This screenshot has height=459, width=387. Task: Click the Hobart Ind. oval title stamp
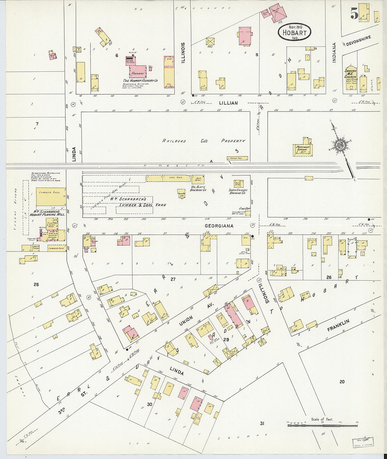click(294, 32)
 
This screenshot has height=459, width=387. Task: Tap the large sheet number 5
click(354, 13)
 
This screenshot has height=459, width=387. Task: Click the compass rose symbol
click(341, 146)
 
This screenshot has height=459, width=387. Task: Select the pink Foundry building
click(138, 71)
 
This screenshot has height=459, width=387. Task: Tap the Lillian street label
click(228, 103)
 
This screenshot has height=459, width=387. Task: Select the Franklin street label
click(338, 325)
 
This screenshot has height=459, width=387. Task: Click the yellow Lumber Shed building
click(51, 196)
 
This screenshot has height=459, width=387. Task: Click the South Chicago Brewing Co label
click(238, 191)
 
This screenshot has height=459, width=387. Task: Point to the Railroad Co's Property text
click(204, 141)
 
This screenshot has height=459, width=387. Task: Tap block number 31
click(262, 423)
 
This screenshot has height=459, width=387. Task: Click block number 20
click(342, 382)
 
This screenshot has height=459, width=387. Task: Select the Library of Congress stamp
click(363, 442)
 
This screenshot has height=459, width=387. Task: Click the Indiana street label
click(334, 53)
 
